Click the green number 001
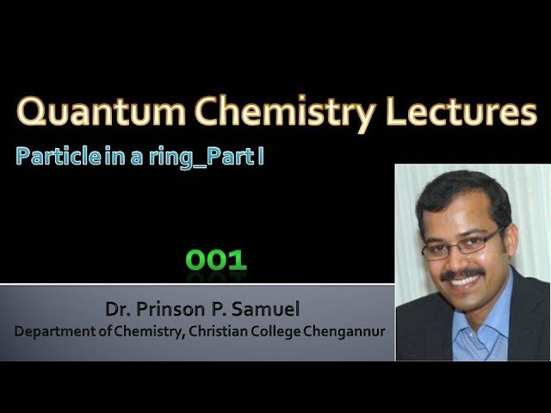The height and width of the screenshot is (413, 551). click(215, 261)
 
